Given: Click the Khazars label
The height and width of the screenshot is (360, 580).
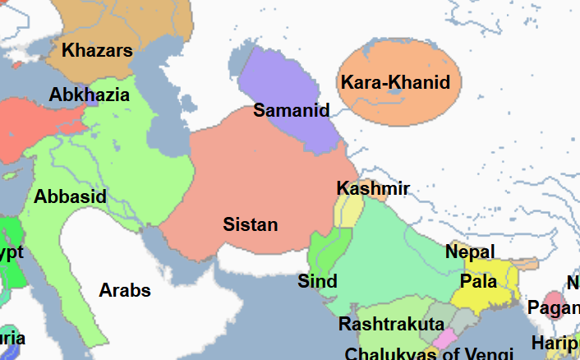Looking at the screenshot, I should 97,51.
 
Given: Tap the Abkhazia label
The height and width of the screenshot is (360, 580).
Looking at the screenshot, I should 89,95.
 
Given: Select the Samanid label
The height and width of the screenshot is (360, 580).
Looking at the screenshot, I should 291,110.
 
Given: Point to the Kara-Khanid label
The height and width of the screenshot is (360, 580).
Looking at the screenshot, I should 395,82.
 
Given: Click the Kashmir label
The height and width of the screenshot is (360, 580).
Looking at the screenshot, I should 373,189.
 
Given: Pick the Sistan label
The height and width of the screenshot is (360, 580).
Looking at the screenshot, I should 251,224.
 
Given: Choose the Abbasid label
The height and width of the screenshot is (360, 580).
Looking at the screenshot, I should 70,197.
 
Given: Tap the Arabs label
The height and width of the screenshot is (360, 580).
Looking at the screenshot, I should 125,290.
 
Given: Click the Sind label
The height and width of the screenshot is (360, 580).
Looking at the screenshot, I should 317,282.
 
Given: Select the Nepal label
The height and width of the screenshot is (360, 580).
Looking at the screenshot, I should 470,252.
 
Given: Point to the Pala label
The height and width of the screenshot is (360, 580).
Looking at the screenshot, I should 478,282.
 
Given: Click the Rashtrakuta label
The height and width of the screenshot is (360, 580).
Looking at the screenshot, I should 391,324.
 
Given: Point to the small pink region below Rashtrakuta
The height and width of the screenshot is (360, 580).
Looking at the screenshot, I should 445,339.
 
